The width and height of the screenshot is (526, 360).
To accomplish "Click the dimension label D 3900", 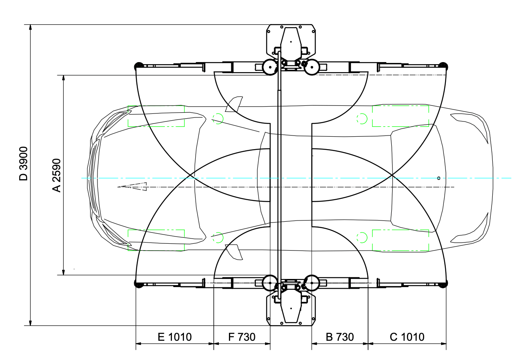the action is point(23,164).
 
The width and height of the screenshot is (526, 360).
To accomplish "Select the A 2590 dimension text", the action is point(57,176).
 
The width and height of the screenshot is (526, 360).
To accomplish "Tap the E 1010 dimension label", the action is point(175,337).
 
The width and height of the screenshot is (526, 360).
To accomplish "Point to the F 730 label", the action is point(242,337).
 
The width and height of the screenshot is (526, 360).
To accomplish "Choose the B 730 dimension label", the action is point(340,337).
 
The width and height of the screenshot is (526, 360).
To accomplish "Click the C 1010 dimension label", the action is point(407,337).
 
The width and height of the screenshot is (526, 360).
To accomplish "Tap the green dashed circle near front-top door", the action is point(218,119).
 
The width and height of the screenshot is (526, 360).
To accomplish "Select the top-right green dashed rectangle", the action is point(401,116).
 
